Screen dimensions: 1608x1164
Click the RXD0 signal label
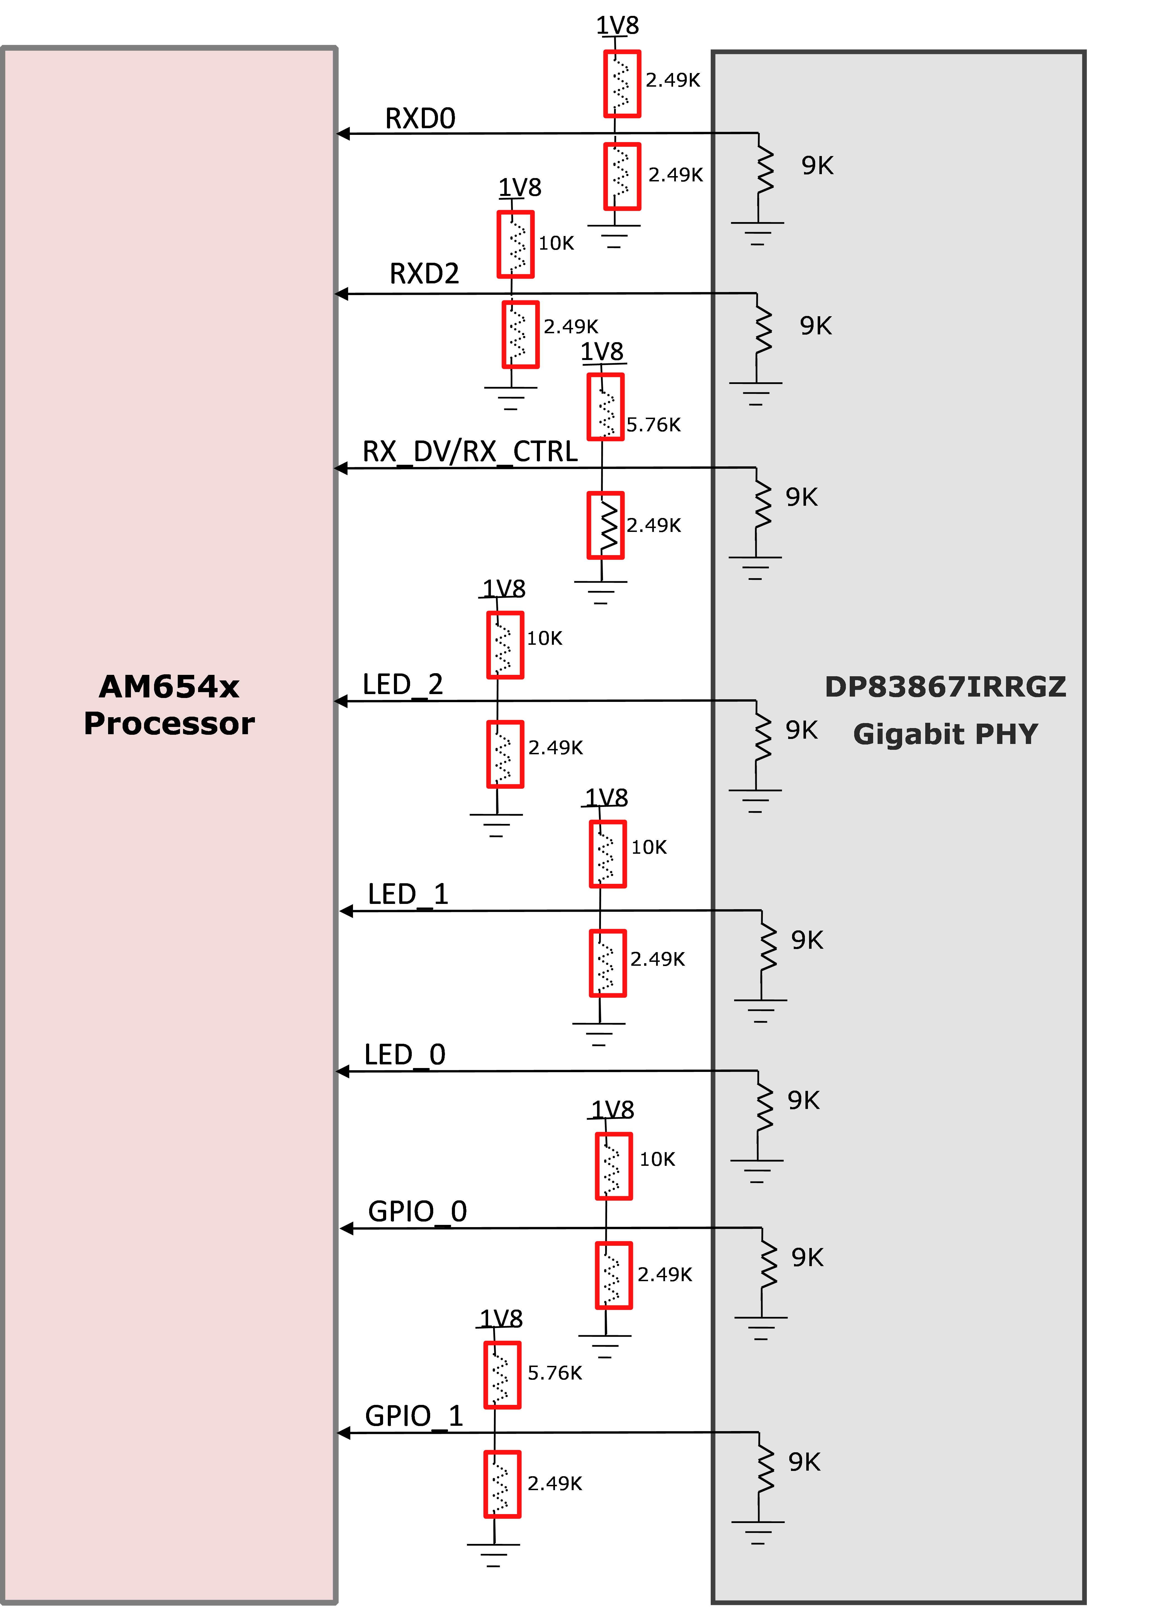coord(420,118)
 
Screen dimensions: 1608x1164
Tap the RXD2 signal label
coord(424,274)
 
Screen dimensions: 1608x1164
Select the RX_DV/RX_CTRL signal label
coord(469,452)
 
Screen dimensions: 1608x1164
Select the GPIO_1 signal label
coord(413,1417)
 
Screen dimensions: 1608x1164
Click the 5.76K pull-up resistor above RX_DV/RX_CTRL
coord(605,407)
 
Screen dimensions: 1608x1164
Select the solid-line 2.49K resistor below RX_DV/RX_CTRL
coord(605,525)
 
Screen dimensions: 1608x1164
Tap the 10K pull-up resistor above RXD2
coord(515,244)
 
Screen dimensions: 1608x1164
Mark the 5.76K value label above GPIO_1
coord(554,1373)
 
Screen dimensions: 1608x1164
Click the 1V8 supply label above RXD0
coord(617,26)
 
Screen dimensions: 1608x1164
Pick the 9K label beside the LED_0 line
coord(803,1100)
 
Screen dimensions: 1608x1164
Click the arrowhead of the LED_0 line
coord(342,1071)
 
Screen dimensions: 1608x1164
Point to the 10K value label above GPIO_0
coord(657,1159)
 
